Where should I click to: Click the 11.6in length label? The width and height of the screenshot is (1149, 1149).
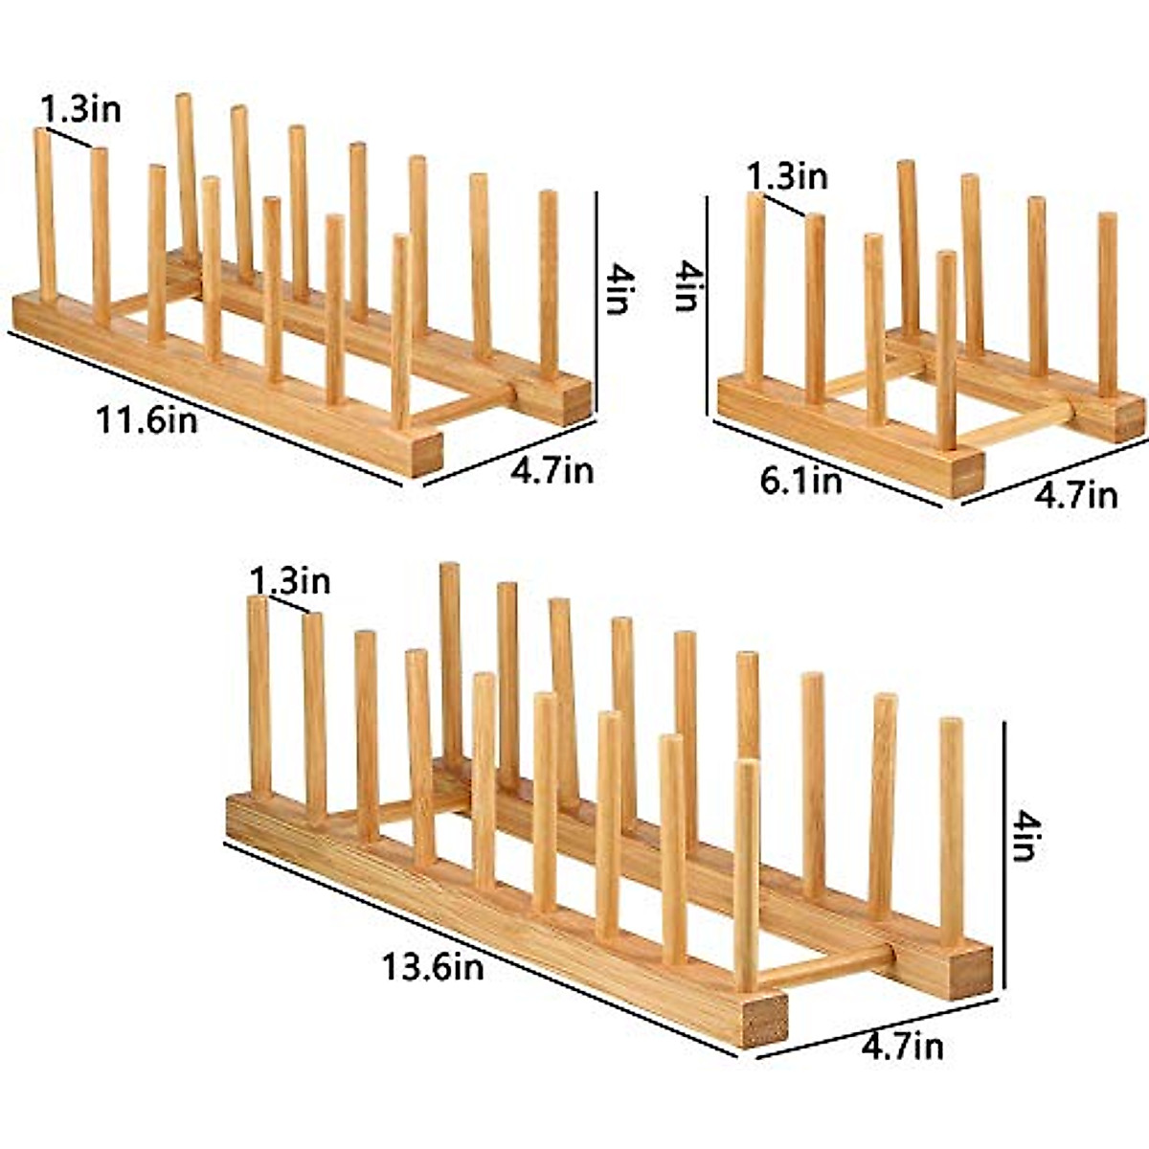[x=146, y=419]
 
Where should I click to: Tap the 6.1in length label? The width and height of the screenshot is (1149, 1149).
[x=801, y=481]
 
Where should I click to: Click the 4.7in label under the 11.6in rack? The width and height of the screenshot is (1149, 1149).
[x=552, y=471]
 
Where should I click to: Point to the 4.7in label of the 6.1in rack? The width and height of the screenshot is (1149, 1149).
[x=1076, y=495]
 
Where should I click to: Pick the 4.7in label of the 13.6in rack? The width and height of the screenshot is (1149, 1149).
[x=902, y=1047]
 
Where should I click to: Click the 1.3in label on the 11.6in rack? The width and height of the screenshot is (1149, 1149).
[x=80, y=109]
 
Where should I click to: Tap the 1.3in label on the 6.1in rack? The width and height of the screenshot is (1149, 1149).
[x=787, y=177]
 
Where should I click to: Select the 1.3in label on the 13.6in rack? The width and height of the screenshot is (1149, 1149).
[x=290, y=581]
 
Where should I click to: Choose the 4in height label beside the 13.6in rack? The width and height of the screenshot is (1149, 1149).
[x=1024, y=835]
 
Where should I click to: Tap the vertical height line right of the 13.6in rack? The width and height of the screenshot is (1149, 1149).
[x=1004, y=857]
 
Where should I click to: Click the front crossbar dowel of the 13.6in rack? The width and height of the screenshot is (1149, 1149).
[x=823, y=967]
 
